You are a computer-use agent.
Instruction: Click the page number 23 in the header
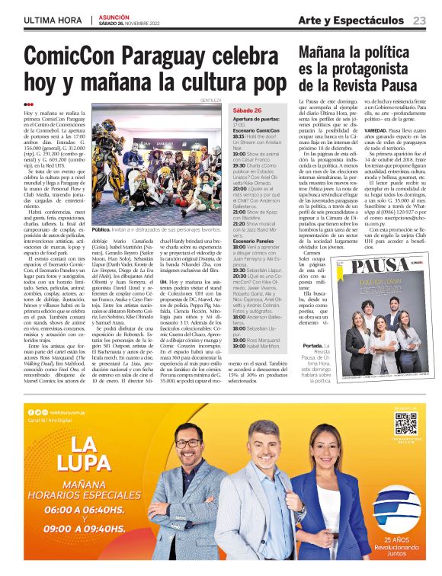click(x=419, y=20)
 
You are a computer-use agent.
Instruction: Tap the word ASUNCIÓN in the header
click(x=114, y=15)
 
